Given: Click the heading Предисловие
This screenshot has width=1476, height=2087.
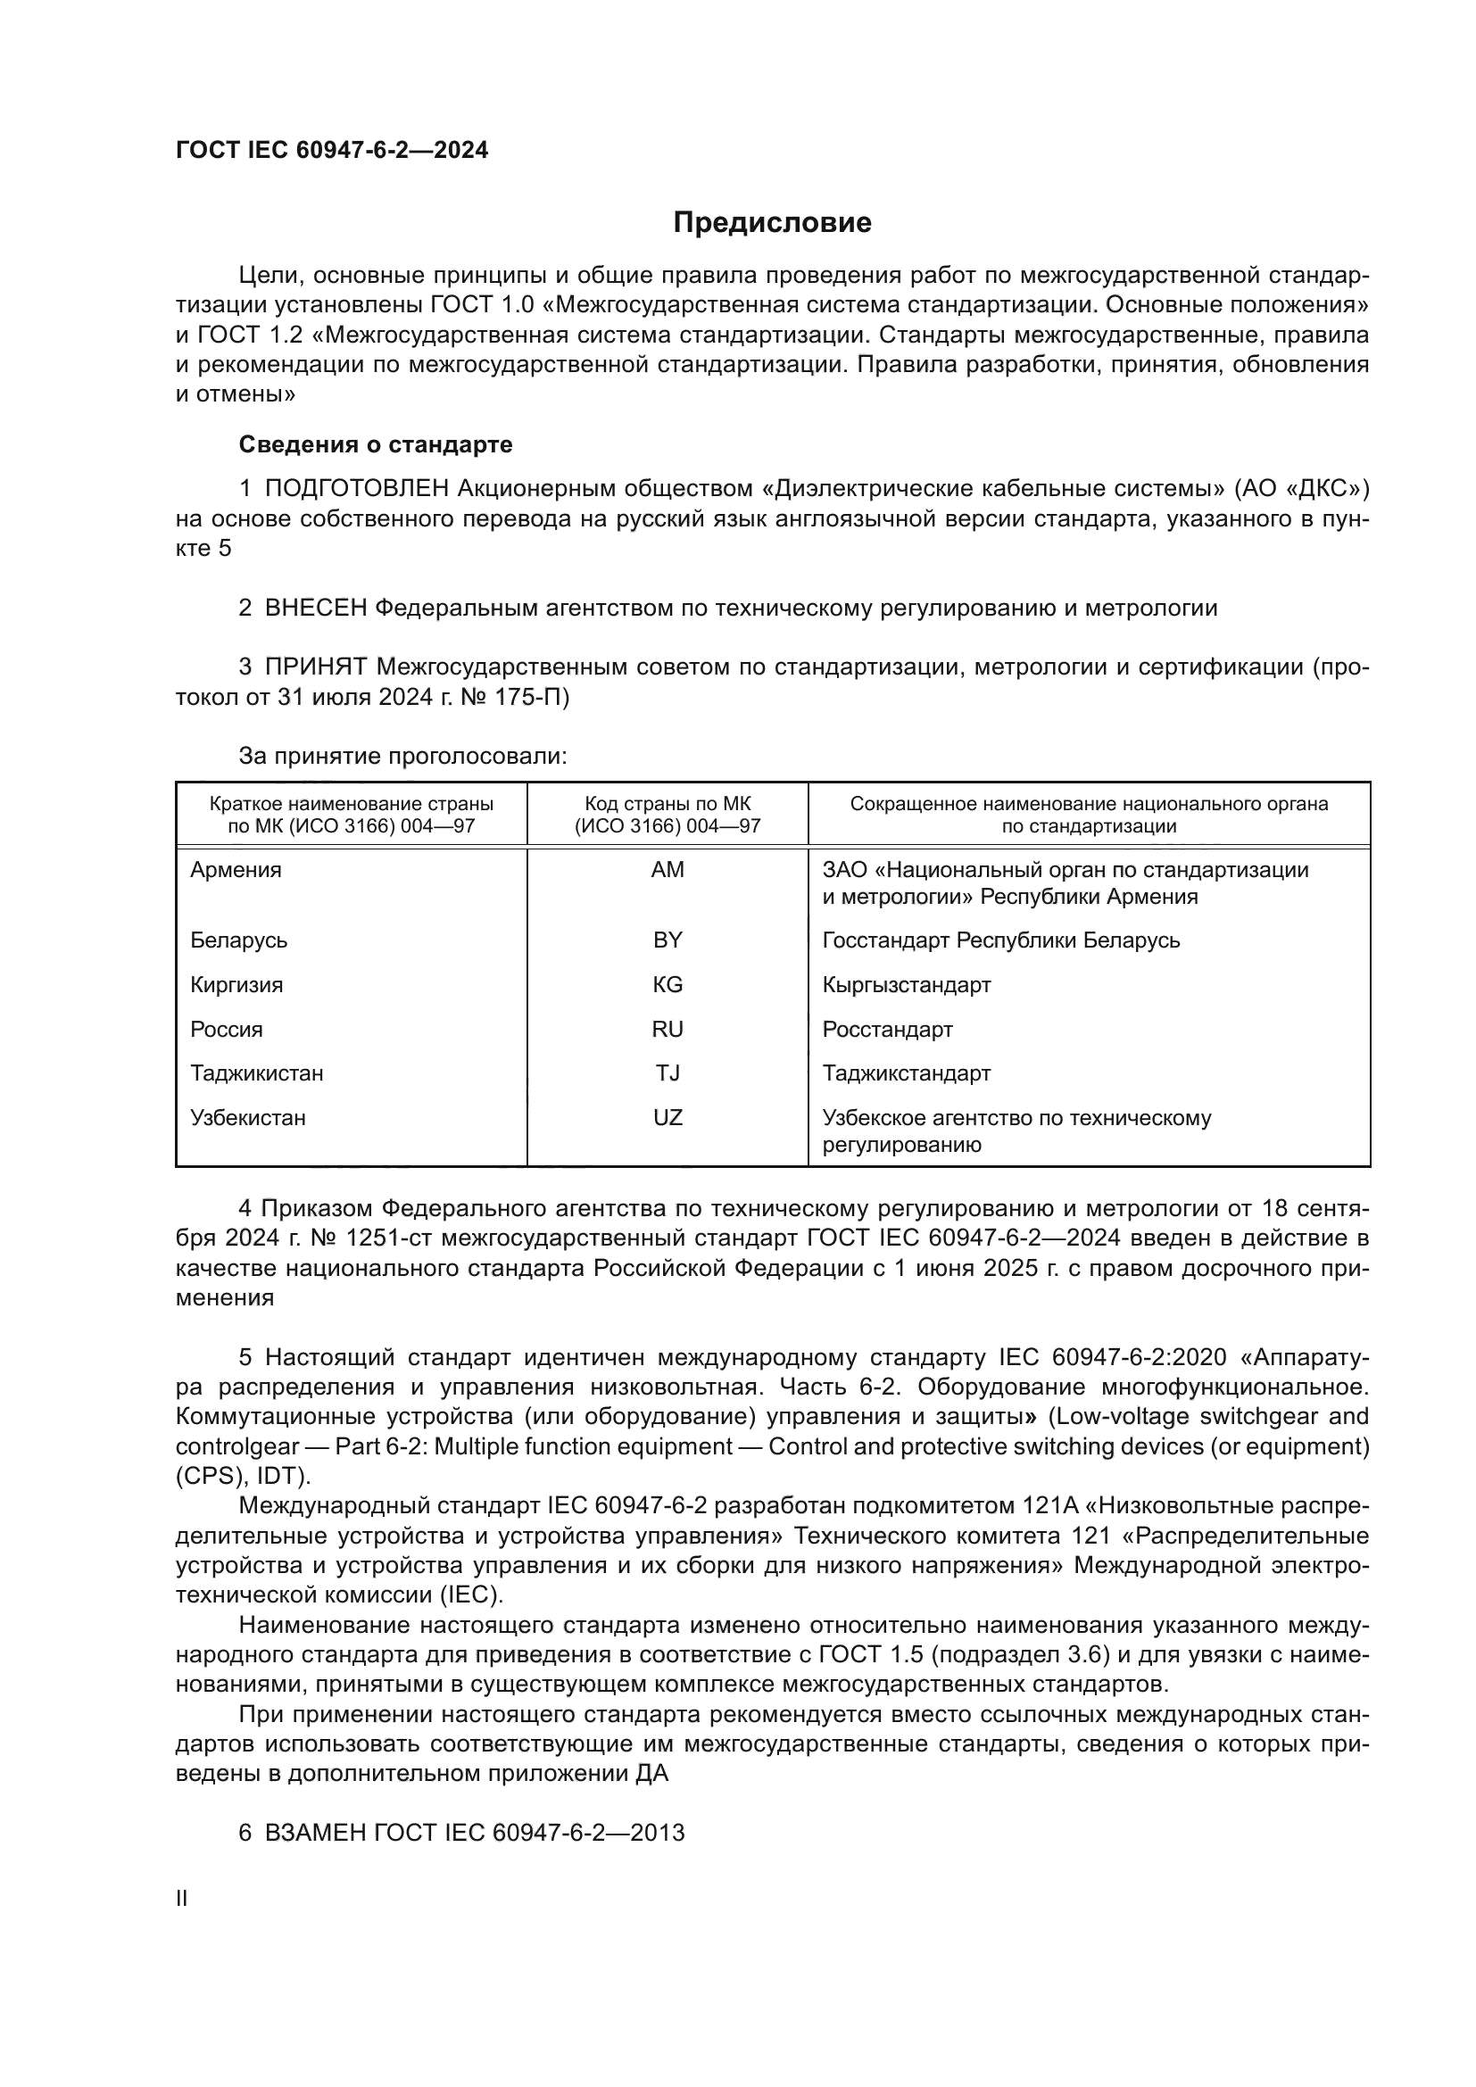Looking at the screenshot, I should coord(772,223).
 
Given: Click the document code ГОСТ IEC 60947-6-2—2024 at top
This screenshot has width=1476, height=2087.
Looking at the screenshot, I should coord(332,150).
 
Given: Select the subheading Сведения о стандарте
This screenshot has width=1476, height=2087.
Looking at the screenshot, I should coord(376,444).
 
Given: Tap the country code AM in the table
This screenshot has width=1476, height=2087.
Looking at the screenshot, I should coord(668,870).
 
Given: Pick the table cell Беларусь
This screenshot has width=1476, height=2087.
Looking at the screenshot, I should coord(238,940).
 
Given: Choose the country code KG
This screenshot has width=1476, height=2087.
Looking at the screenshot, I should coord(668,984).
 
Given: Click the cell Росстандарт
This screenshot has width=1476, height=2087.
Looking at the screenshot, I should coord(887,1029).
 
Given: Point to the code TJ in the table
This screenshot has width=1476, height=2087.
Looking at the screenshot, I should coord(668,1072).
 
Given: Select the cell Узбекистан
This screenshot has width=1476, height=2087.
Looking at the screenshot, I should coord(247,1117).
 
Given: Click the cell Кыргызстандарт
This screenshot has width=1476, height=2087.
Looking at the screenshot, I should coord(906,984).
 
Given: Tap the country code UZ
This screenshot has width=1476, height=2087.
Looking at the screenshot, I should coord(668,1117).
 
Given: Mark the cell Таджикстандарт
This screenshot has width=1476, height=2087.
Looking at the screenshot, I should coord(906,1072).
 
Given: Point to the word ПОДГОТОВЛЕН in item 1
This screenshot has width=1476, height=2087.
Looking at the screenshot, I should coord(356,489).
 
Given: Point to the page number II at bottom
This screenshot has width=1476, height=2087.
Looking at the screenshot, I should coord(182,1898).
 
